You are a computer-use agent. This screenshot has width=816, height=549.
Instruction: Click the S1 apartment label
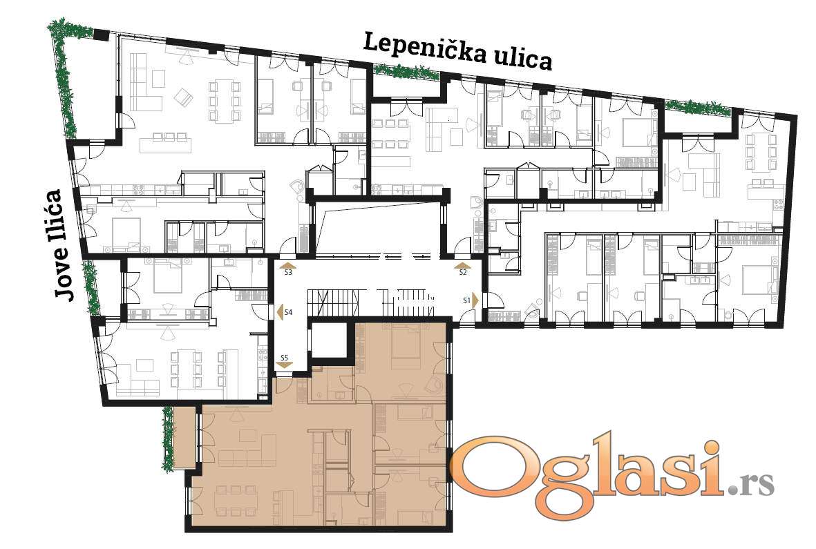pos(467,300)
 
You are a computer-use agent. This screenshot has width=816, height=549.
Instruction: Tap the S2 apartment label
pos(463,272)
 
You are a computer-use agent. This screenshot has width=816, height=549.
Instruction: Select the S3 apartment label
pos(288,272)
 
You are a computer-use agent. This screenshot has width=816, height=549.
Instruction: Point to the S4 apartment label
pos(288,312)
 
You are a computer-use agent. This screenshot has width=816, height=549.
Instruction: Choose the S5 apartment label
pos(284,358)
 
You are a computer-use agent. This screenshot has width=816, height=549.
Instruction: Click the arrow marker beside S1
pos(475,300)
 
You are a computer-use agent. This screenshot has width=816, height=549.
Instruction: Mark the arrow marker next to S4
pos(279,312)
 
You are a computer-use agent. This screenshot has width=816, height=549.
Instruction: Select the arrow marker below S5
pos(284,365)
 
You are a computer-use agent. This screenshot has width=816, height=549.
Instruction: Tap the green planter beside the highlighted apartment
pos(168,439)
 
